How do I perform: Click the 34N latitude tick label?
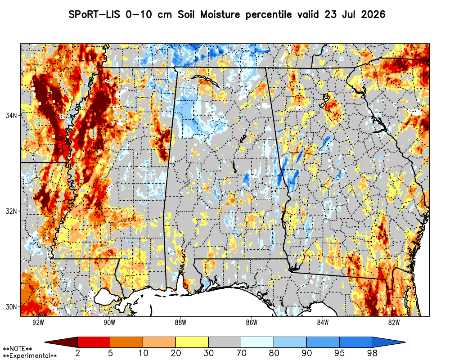11,116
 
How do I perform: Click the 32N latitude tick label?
11,211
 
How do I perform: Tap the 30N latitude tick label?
11,307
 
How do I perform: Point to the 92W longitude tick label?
38,322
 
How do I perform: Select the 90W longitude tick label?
109,322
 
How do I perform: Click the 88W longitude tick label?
180,322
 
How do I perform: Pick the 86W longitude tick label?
252,322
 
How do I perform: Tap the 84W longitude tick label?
323,322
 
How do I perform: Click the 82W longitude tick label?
394,322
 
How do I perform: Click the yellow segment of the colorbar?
192,342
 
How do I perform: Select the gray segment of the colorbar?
225,342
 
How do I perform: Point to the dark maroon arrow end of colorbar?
61,342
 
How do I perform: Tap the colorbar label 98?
372,353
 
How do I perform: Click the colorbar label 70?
241,353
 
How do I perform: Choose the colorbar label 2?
78,353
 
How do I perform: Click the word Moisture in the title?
220,14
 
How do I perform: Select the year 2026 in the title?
373,14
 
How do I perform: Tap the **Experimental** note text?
30,356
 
